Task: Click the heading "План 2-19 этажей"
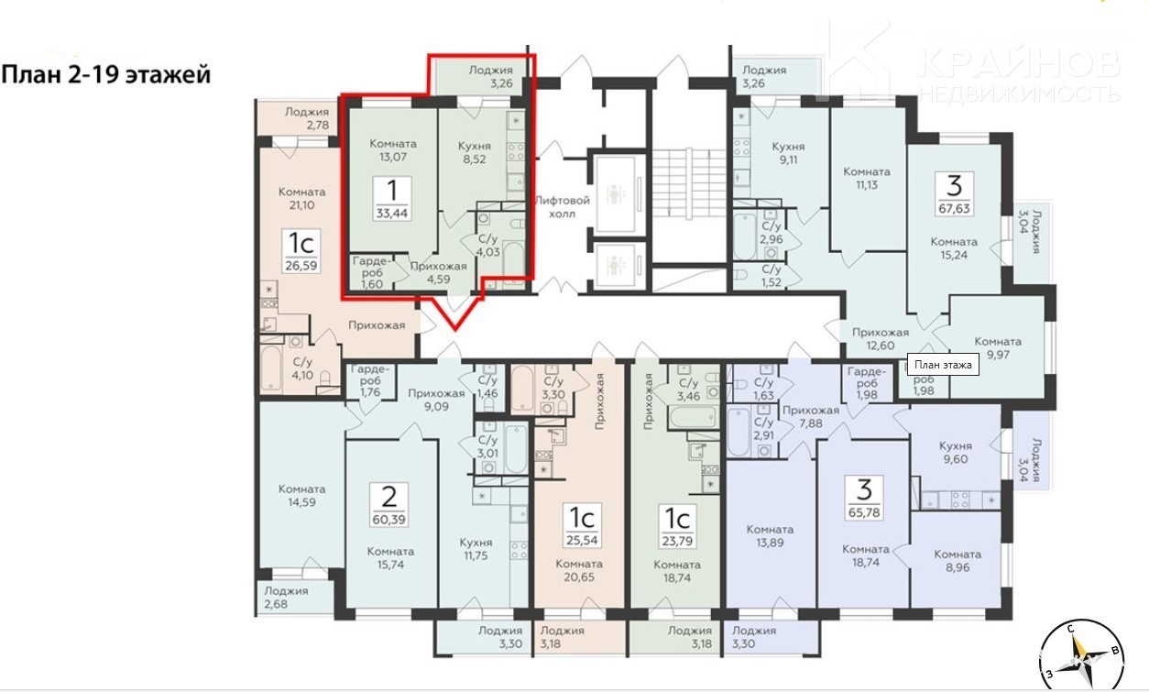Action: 106,75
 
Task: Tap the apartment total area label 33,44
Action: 392,213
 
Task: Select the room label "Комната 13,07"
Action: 393,150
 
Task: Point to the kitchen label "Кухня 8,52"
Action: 475,152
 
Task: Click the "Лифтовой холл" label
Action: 563,207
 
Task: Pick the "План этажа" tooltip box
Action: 943,365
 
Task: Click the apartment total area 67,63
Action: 954,208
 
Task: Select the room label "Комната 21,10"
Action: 302,199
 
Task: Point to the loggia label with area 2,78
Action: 307,118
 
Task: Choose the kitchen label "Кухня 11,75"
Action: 476,549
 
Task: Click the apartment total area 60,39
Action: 388,519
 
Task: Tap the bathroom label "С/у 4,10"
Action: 302,368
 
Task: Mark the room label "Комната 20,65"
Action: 580,570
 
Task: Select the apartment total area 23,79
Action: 676,540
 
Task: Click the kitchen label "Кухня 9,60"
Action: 956,453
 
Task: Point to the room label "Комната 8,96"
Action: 957,561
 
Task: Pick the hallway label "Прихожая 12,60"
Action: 881,338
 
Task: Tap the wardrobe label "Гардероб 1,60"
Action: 372,272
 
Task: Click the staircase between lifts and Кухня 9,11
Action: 689,182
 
